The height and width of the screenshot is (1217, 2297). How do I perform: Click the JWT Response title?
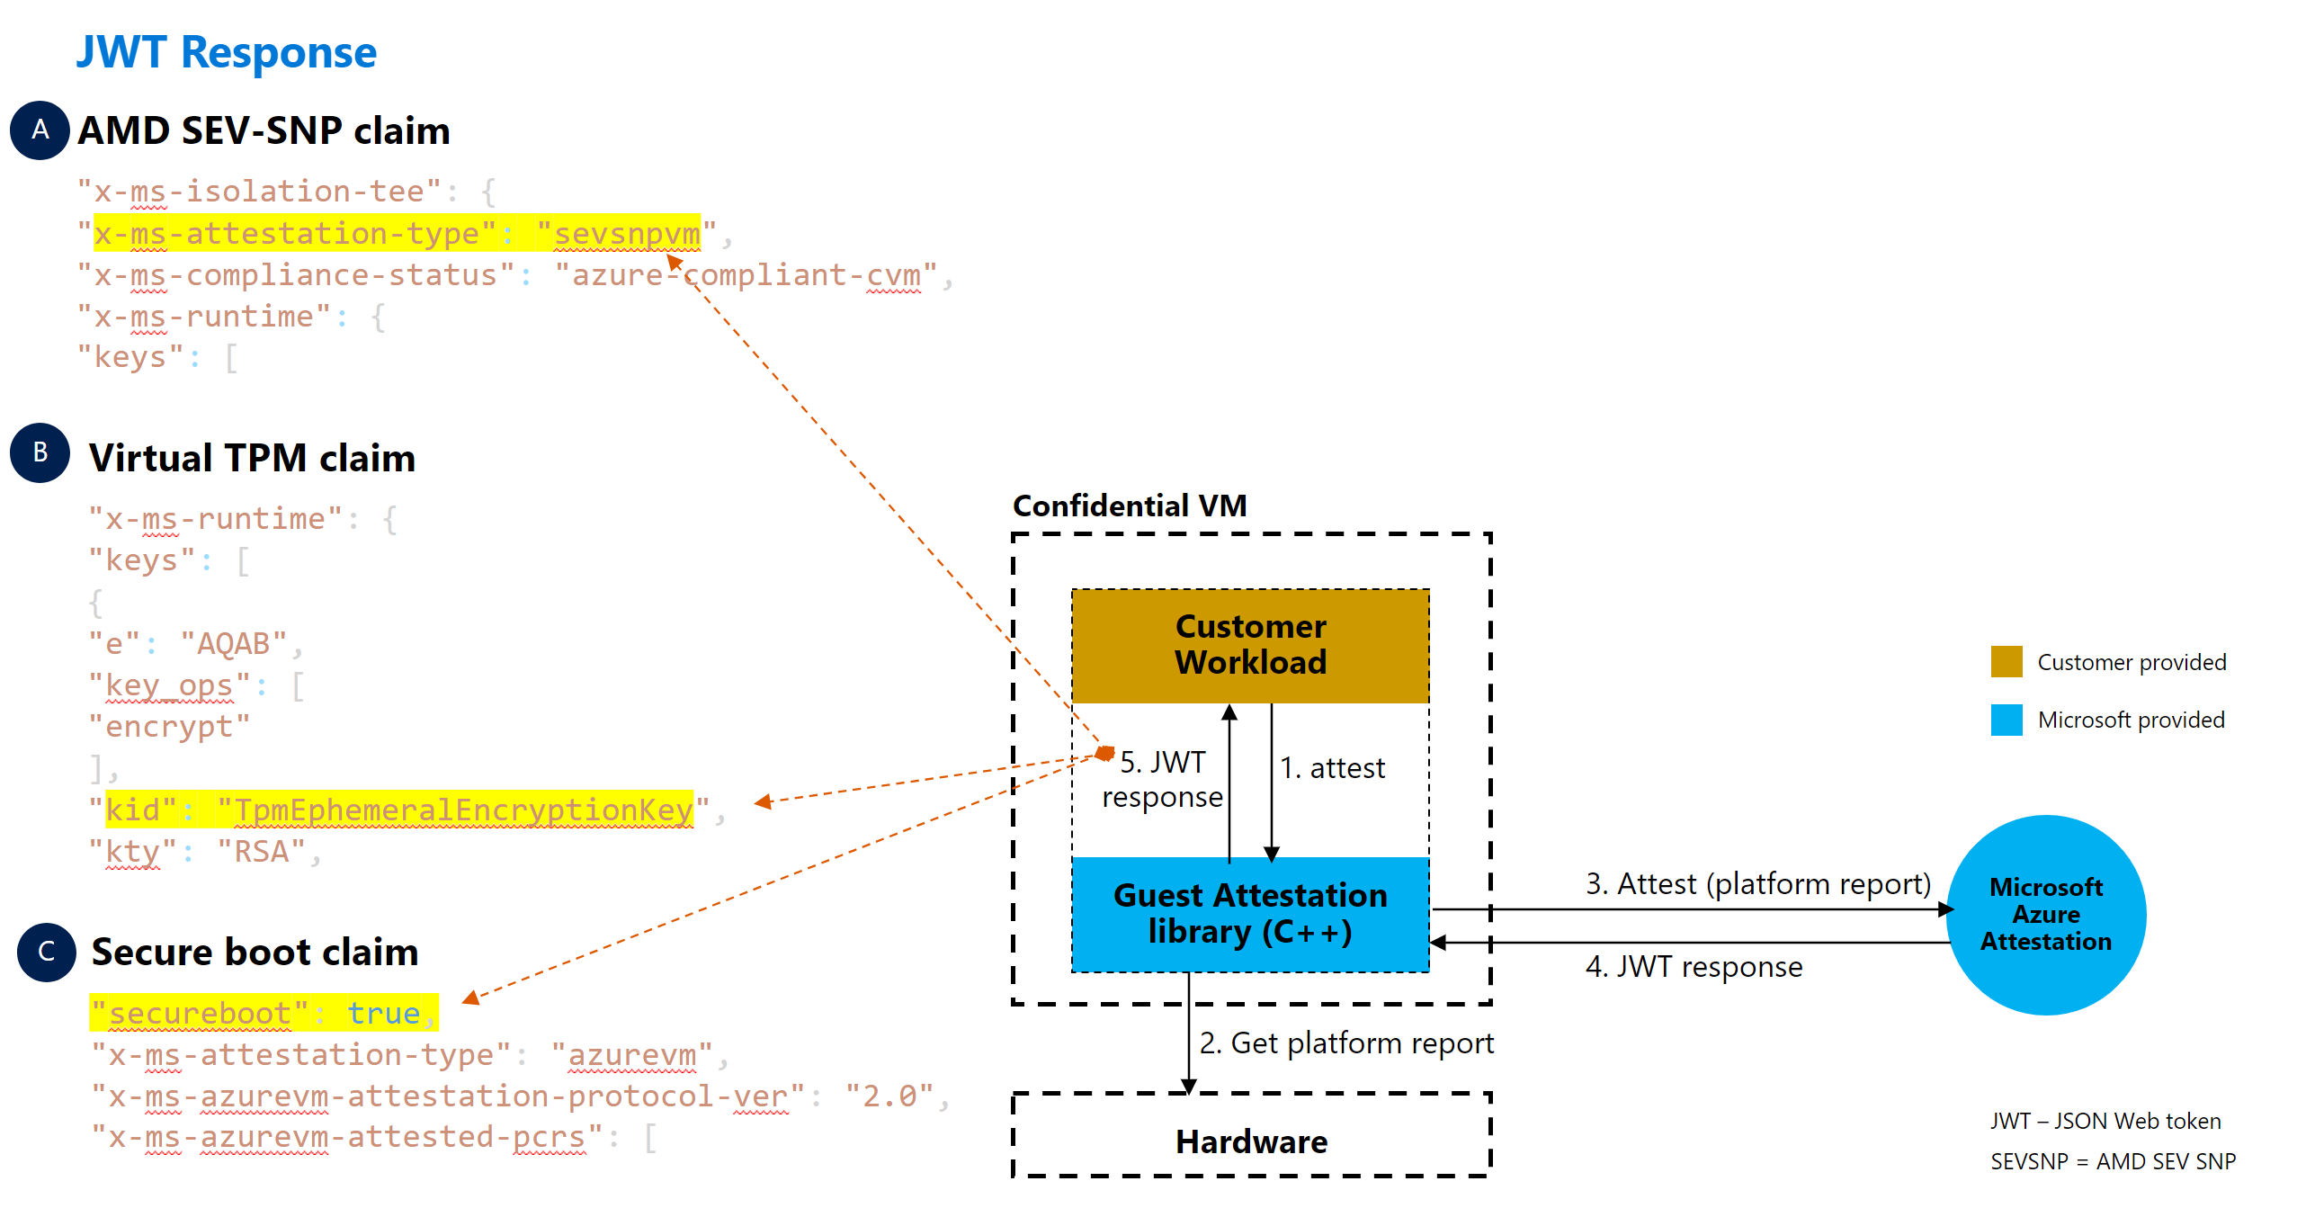226,52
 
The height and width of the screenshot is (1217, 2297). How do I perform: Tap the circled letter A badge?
40,130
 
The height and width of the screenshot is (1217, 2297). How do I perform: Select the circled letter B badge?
40,452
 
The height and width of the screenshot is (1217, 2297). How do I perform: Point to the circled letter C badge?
47,952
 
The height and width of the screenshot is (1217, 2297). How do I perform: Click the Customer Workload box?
1250,645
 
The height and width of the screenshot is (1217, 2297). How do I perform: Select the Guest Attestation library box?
1250,914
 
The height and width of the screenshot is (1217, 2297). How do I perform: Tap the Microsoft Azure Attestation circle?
2046,915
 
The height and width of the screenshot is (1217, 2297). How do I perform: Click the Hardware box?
1251,1141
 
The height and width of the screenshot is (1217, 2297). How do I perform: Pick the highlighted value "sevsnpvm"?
626,234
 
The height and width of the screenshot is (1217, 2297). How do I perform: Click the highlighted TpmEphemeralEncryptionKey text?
463,810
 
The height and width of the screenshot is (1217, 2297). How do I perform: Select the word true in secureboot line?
383,1014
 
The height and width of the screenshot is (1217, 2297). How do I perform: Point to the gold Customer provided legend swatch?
2007,661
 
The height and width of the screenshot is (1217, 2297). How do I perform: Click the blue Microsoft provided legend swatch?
2007,720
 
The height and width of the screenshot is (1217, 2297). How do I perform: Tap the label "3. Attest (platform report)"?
1757,884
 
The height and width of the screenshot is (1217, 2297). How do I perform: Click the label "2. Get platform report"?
1346,1043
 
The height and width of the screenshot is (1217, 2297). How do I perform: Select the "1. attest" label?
1332,768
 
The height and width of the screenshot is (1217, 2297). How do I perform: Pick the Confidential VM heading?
1130,506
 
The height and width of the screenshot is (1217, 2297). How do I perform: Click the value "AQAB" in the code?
233,644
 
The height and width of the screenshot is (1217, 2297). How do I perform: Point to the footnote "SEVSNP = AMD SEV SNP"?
2113,1161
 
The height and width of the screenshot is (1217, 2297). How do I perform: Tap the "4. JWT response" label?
1694,967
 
